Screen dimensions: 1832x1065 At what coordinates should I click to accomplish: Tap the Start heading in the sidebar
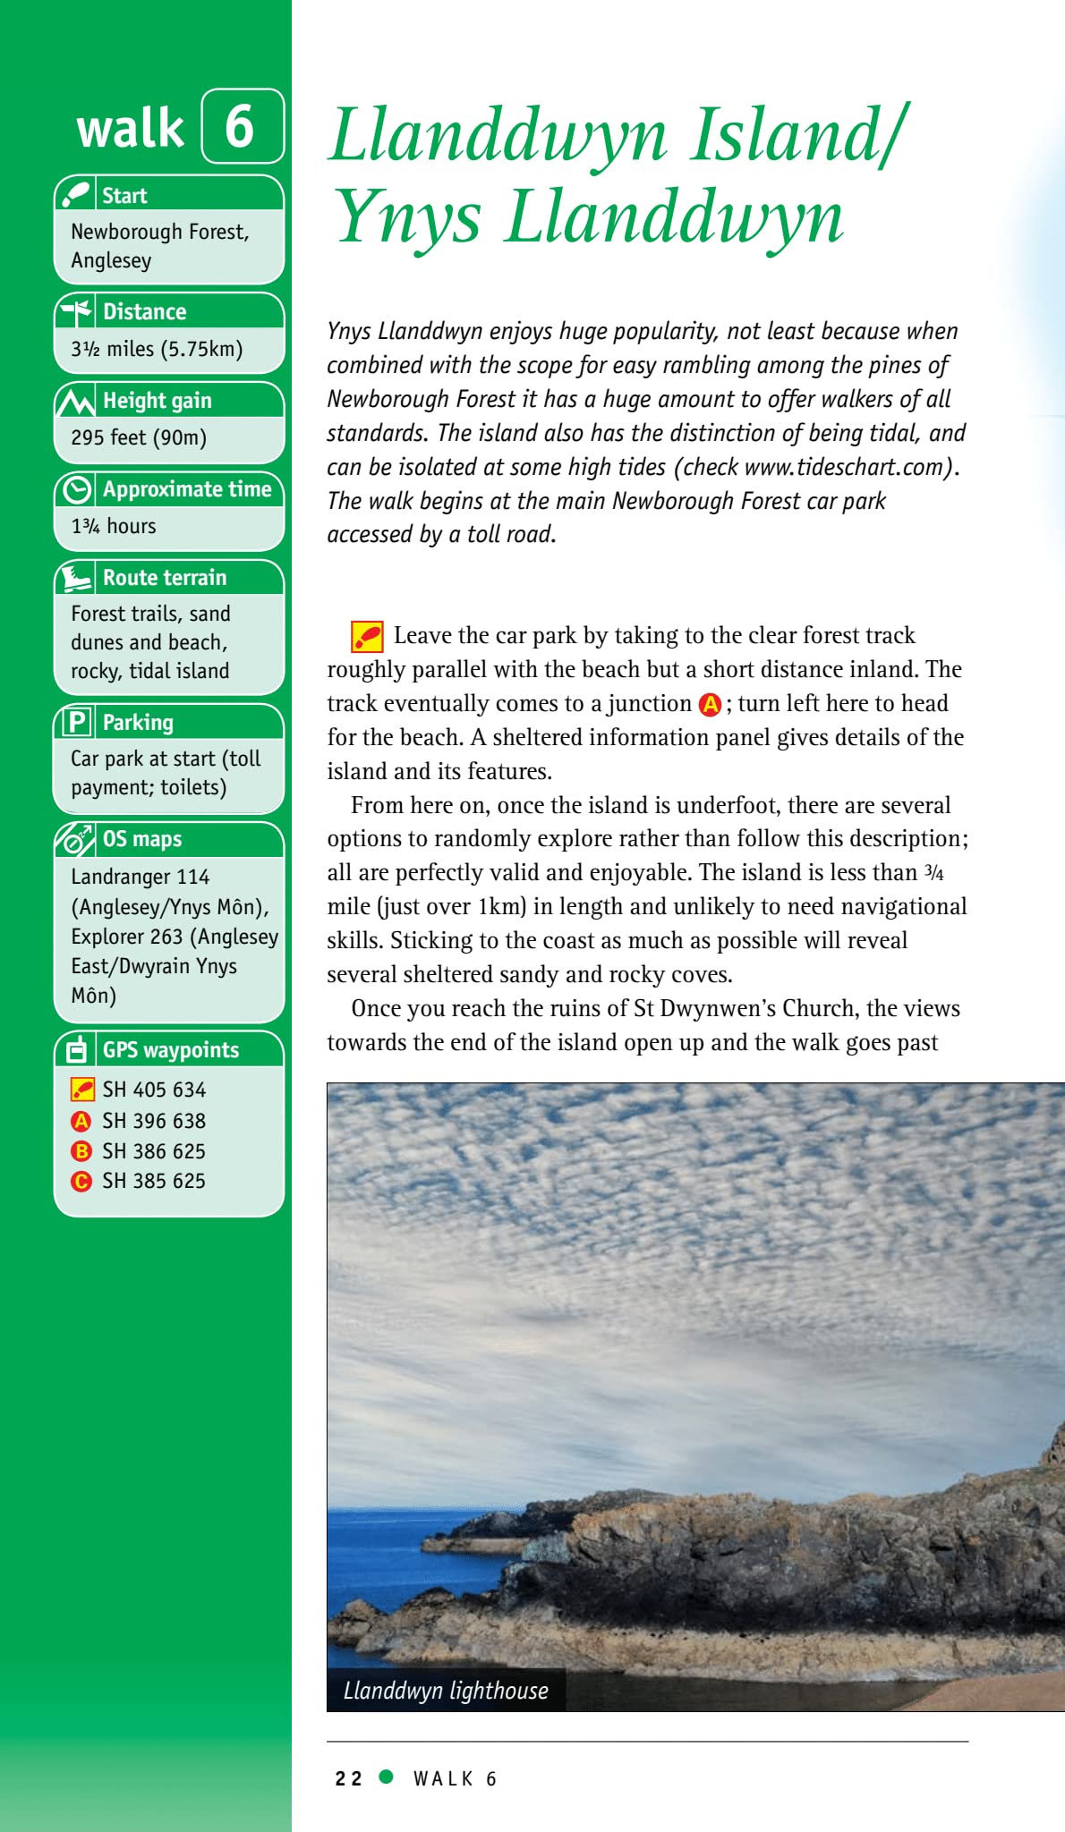click(x=124, y=195)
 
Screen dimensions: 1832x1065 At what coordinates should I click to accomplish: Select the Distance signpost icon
click(x=76, y=311)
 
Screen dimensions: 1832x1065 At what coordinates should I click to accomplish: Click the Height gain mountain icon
click(x=76, y=401)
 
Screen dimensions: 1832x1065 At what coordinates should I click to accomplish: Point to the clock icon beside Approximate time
click(x=77, y=489)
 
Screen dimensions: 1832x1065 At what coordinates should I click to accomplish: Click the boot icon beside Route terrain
click(x=76, y=578)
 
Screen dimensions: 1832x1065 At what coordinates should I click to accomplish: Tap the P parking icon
click(x=77, y=722)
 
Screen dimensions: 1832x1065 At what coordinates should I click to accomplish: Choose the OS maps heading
click(x=142, y=839)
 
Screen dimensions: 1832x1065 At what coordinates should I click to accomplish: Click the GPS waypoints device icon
click(x=77, y=1049)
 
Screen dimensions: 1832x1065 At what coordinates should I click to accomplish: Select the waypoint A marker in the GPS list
click(x=81, y=1121)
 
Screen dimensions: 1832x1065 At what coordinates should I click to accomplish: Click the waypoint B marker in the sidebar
click(x=81, y=1151)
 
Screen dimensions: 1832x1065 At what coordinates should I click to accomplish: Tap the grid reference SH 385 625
click(x=154, y=1181)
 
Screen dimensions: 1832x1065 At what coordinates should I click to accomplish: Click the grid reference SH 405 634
click(x=154, y=1090)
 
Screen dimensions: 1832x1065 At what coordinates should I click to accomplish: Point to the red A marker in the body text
click(x=710, y=705)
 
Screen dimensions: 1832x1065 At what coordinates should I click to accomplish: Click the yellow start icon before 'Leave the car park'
click(x=367, y=636)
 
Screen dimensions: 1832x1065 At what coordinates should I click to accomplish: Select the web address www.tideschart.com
click(x=845, y=467)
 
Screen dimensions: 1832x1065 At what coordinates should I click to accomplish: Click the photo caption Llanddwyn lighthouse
click(x=446, y=1691)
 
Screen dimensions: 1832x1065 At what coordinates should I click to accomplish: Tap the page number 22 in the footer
click(x=348, y=1778)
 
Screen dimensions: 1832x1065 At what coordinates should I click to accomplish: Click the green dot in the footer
click(x=387, y=1777)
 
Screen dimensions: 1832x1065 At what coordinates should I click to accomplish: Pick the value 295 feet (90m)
click(x=139, y=437)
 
